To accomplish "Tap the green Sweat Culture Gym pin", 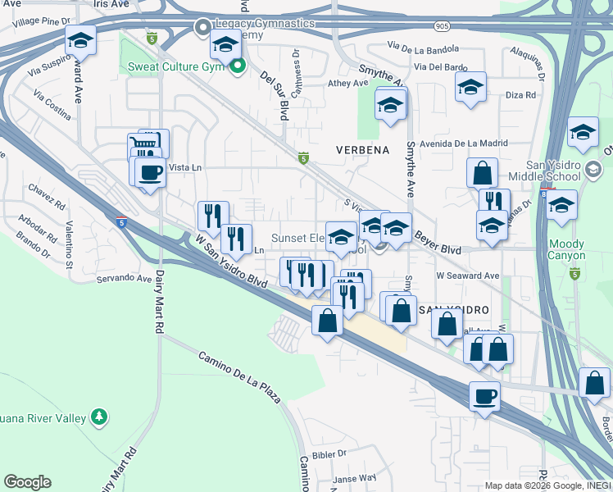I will pyautogui.click(x=238, y=66).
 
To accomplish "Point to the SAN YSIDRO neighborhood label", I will pyautogui.click(x=454, y=310).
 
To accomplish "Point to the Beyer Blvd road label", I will pyautogui.click(x=437, y=239).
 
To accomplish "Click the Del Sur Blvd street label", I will pyautogui.click(x=274, y=94).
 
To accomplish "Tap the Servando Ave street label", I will pyautogui.click(x=125, y=279).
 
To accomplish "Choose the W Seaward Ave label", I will pyautogui.click(x=467, y=276).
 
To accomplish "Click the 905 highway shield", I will pyautogui.click(x=443, y=26).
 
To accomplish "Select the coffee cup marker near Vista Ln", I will pyautogui.click(x=150, y=172).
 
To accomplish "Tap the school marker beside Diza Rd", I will pyautogui.click(x=470, y=88).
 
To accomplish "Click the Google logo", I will pyautogui.click(x=27, y=482).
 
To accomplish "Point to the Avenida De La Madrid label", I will pyautogui.click(x=458, y=143).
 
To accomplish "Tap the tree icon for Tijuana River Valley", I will pyautogui.click(x=99, y=417).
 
